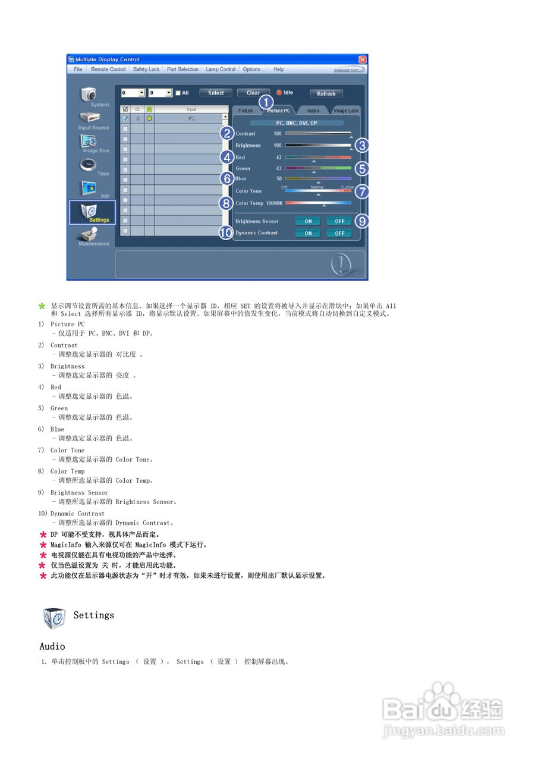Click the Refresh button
(326, 93)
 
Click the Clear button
(253, 93)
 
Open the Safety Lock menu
(146, 70)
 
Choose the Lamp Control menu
(221, 70)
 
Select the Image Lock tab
(345, 111)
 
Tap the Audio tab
(313, 111)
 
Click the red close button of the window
(363, 59)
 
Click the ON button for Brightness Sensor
(308, 221)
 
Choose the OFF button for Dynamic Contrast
(339, 234)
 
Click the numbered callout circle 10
(226, 233)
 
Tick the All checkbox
(178, 93)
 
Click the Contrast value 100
(278, 134)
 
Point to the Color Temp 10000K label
(259, 203)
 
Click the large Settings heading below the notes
(93, 615)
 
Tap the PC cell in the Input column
(191, 118)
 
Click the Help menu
(279, 70)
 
